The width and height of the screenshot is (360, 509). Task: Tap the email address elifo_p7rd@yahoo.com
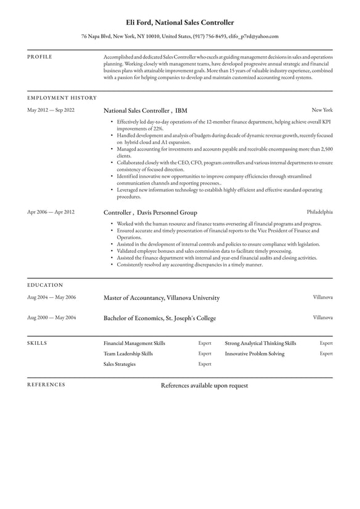(x=253, y=36)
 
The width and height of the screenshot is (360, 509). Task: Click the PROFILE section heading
(x=40, y=57)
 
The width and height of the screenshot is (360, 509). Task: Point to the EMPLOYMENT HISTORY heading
(x=62, y=97)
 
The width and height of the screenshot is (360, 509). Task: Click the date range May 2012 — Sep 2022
(x=51, y=110)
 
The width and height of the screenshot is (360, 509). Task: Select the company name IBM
(x=181, y=110)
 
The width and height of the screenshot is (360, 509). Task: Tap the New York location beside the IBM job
(x=322, y=110)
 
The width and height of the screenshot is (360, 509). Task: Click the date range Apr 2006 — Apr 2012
(x=51, y=212)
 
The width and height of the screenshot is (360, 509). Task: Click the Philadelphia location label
(x=319, y=212)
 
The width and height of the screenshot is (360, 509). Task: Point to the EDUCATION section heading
(x=45, y=285)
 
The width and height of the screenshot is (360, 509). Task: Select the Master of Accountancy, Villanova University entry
(x=162, y=297)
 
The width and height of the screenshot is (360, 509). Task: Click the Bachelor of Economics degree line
(x=160, y=318)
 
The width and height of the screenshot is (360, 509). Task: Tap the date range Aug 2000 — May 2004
(x=52, y=318)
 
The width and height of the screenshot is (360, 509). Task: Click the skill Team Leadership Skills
(x=128, y=354)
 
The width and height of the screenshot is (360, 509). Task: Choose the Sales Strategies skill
(x=120, y=364)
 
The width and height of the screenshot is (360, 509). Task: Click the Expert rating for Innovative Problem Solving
(x=326, y=354)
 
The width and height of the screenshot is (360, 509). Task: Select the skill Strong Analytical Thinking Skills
(x=260, y=343)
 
